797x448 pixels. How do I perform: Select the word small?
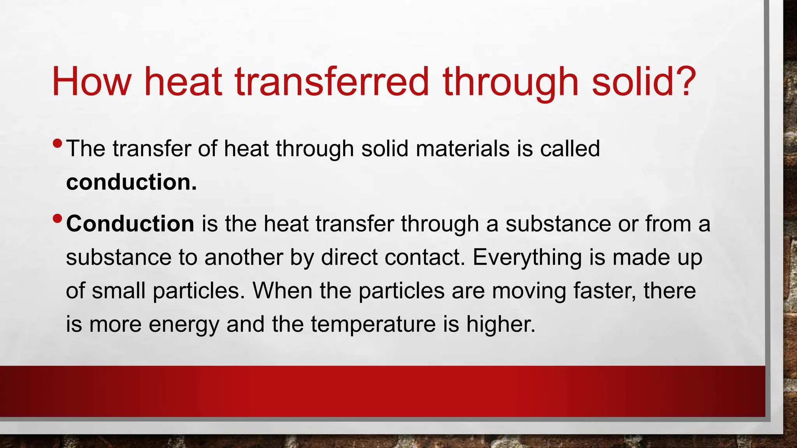point(118,290)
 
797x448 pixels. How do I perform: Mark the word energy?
point(184,325)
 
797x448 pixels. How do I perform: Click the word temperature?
point(373,325)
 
